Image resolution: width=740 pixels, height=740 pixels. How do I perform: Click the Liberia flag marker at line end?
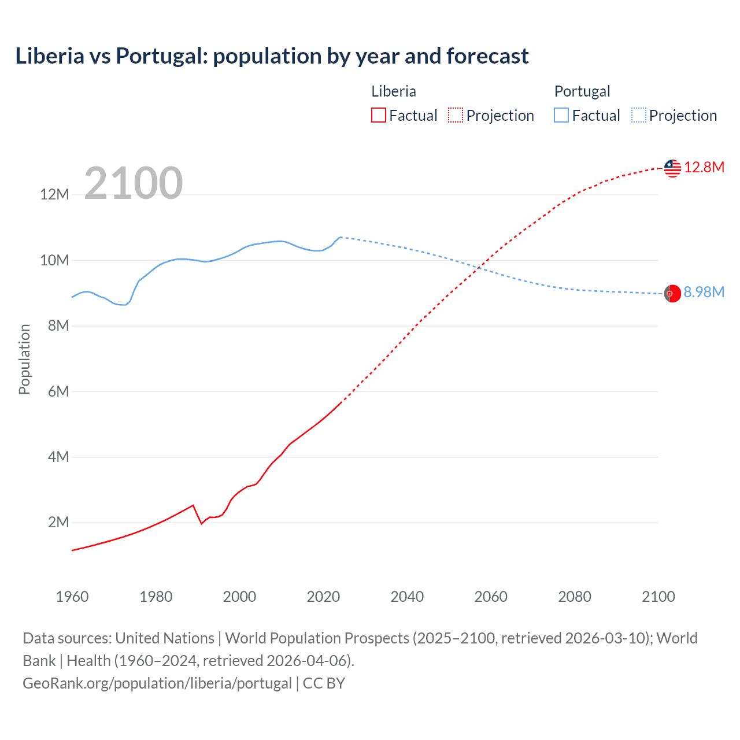tap(672, 168)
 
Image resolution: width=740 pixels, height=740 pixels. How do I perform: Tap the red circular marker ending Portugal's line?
tap(672, 294)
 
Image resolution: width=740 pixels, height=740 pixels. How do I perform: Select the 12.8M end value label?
tap(704, 168)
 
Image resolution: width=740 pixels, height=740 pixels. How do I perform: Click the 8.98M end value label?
tap(704, 293)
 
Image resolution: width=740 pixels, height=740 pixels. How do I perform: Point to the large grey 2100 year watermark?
tap(134, 183)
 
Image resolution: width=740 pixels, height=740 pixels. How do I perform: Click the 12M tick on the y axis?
tap(54, 195)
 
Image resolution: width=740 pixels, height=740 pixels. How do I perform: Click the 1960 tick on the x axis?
tap(72, 597)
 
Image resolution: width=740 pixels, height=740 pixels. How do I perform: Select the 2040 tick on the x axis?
tap(407, 597)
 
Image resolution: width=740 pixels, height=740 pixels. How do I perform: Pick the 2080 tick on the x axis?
tap(575, 597)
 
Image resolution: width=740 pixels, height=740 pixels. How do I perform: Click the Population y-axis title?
tap(24, 359)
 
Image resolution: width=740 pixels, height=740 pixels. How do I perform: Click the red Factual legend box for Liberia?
tap(379, 116)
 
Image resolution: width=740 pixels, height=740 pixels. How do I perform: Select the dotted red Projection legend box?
tap(456, 116)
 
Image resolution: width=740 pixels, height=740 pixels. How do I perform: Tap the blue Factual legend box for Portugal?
tap(561, 116)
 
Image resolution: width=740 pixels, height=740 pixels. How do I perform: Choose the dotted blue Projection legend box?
tap(639, 116)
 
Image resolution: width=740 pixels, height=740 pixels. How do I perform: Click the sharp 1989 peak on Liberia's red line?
tap(193, 505)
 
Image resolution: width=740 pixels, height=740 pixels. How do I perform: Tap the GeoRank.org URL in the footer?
tap(157, 683)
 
